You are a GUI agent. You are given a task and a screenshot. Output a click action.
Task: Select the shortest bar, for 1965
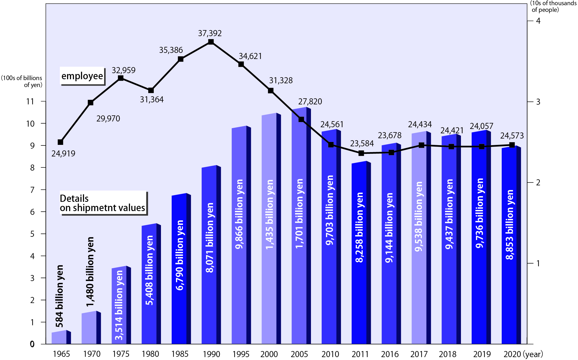pyautogui.click(x=59, y=337)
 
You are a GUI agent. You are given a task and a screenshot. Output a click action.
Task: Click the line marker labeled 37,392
pyautogui.click(x=211, y=42)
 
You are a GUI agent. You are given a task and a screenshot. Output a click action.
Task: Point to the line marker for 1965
pyautogui.click(x=60, y=142)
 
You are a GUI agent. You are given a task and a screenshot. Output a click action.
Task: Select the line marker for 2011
pyautogui.click(x=361, y=153)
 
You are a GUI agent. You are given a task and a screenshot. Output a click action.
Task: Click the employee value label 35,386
pyautogui.click(x=171, y=50)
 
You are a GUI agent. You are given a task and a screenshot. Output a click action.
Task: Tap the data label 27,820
pyautogui.click(x=310, y=101)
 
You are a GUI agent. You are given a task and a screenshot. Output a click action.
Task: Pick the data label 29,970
pyautogui.click(x=108, y=119)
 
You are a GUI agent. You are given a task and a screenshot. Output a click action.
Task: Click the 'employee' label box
pyautogui.click(x=82, y=76)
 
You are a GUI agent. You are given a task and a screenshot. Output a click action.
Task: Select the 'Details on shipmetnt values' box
pyautogui.click(x=103, y=203)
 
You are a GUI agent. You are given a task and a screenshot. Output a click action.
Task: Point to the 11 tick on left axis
pyautogui.click(x=30, y=101)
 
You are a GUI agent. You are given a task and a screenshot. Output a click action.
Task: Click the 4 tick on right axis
pyautogui.click(x=538, y=21)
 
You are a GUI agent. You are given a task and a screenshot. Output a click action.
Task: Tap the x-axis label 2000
pyautogui.click(x=269, y=354)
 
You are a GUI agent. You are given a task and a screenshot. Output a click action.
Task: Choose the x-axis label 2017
pyautogui.click(x=419, y=354)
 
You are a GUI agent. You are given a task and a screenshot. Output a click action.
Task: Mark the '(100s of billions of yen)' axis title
pyautogui.click(x=22, y=81)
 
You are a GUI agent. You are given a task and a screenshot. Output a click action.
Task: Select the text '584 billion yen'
pyautogui.click(x=59, y=296)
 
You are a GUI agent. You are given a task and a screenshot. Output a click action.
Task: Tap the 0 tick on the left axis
pyautogui.click(x=32, y=344)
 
